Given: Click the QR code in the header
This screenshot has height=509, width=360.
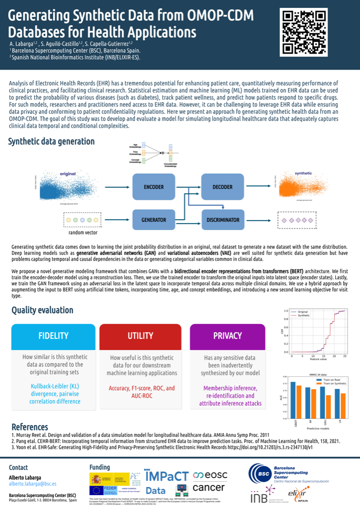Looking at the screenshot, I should click(304, 32).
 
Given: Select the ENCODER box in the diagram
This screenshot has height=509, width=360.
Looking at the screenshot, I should click(154, 187).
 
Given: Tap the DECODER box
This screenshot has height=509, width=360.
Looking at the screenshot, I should click(222, 187).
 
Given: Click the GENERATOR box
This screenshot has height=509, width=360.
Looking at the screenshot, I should click(154, 219).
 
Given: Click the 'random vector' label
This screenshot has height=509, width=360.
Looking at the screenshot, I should click(83, 232).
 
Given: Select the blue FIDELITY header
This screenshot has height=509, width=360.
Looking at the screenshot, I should click(53, 336).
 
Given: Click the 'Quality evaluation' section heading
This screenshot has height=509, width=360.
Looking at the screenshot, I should click(42, 310).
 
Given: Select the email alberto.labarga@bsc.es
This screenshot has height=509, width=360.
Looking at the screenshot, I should click(33, 483).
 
